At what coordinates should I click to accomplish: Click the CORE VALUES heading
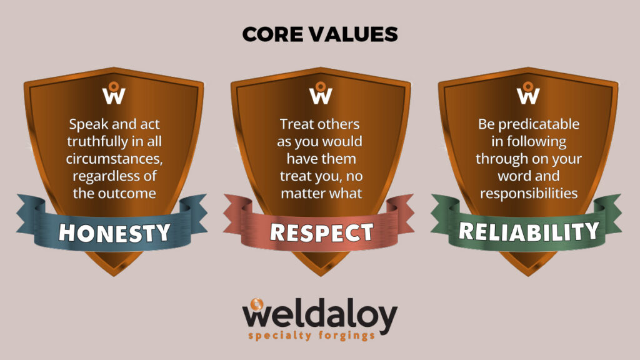(x=320, y=34)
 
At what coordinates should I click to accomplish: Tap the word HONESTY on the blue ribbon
(x=114, y=233)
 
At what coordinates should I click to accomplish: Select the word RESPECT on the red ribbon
(x=322, y=232)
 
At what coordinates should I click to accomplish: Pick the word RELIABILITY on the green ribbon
(x=529, y=231)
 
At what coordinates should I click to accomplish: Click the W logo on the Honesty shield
(x=114, y=93)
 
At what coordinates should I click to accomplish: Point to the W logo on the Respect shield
(x=321, y=93)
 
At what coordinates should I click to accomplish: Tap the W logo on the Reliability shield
(x=528, y=93)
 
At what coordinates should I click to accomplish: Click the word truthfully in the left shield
(x=97, y=142)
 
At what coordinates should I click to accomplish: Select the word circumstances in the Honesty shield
(x=114, y=159)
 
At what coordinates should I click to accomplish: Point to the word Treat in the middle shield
(x=297, y=124)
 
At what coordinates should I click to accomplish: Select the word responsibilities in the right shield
(x=529, y=194)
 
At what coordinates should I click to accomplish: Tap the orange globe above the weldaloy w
(x=257, y=304)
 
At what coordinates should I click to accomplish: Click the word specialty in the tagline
(x=280, y=336)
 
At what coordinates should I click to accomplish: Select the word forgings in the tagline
(x=346, y=336)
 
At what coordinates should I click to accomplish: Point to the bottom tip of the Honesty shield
(x=114, y=276)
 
